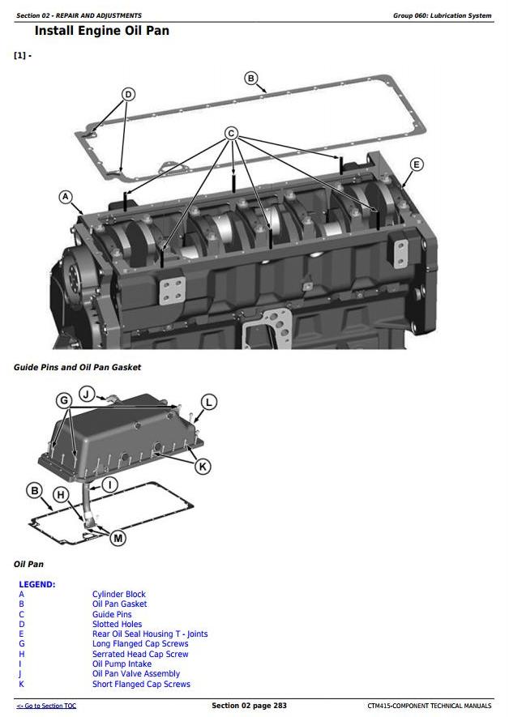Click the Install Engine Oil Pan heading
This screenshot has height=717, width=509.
click(x=101, y=32)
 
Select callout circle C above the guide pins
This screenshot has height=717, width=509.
click(x=231, y=133)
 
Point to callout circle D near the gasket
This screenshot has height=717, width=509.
click(x=128, y=95)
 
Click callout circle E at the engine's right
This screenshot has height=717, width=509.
click(x=416, y=164)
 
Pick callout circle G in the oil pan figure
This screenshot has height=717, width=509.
click(x=63, y=400)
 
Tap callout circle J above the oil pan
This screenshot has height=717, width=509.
click(x=86, y=395)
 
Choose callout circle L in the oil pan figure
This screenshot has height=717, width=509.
click(x=208, y=402)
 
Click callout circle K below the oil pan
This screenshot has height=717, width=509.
click(x=203, y=466)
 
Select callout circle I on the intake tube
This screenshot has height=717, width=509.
click(x=111, y=484)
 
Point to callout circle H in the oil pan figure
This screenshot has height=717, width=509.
click(x=60, y=495)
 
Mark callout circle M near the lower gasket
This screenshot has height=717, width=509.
click(x=118, y=537)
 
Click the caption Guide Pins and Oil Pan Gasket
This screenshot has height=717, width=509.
click(x=77, y=367)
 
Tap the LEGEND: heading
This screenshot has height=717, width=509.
click(x=37, y=584)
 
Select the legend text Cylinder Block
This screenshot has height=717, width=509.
click(x=119, y=595)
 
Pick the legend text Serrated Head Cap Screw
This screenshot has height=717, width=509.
click(x=140, y=654)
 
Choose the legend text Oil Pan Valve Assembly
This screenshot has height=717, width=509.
click(x=136, y=674)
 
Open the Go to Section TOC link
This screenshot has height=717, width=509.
click(x=46, y=706)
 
